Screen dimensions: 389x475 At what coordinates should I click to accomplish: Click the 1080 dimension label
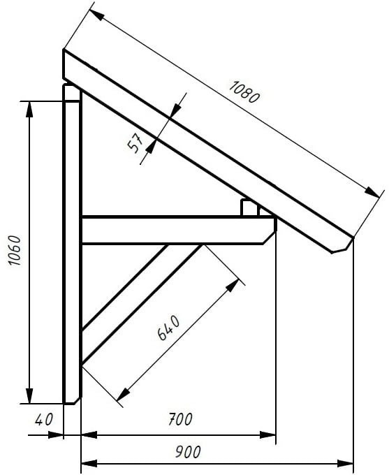(244, 92)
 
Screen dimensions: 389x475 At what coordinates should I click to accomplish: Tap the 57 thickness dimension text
(135, 143)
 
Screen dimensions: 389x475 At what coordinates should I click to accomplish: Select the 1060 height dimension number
(15, 250)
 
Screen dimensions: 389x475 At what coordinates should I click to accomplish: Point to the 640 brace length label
(169, 328)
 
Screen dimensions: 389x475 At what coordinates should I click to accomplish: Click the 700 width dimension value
(180, 419)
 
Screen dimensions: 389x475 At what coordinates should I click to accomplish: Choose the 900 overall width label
(188, 452)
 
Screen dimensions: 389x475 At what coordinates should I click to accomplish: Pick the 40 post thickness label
(43, 420)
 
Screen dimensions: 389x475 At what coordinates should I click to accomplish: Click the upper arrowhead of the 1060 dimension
(29, 110)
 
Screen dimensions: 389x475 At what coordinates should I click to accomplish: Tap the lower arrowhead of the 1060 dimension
(29, 395)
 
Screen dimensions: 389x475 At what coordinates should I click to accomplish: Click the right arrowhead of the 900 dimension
(345, 464)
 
